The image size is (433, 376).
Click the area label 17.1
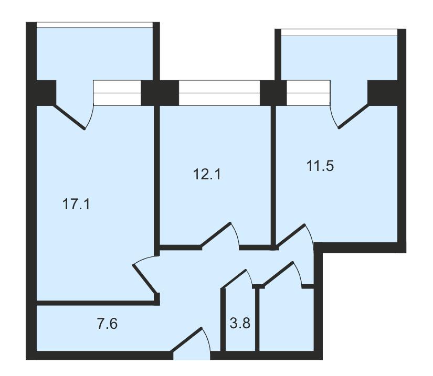pos(76,205)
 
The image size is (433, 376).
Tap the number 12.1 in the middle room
pos(207,174)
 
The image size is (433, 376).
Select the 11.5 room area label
pos(320,166)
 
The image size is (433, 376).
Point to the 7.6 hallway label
pos(107,324)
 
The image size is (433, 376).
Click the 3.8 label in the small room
pos(240,323)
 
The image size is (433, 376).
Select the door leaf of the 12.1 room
pos(215,234)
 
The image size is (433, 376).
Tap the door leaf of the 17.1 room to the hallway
pos(145,278)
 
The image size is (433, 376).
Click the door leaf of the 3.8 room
pos(235,279)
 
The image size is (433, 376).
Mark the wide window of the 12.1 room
pos(219,93)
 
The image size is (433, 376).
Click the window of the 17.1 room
pos(117,93)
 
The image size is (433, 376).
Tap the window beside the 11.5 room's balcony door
pos(309,93)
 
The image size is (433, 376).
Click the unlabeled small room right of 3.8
pos(287,320)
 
